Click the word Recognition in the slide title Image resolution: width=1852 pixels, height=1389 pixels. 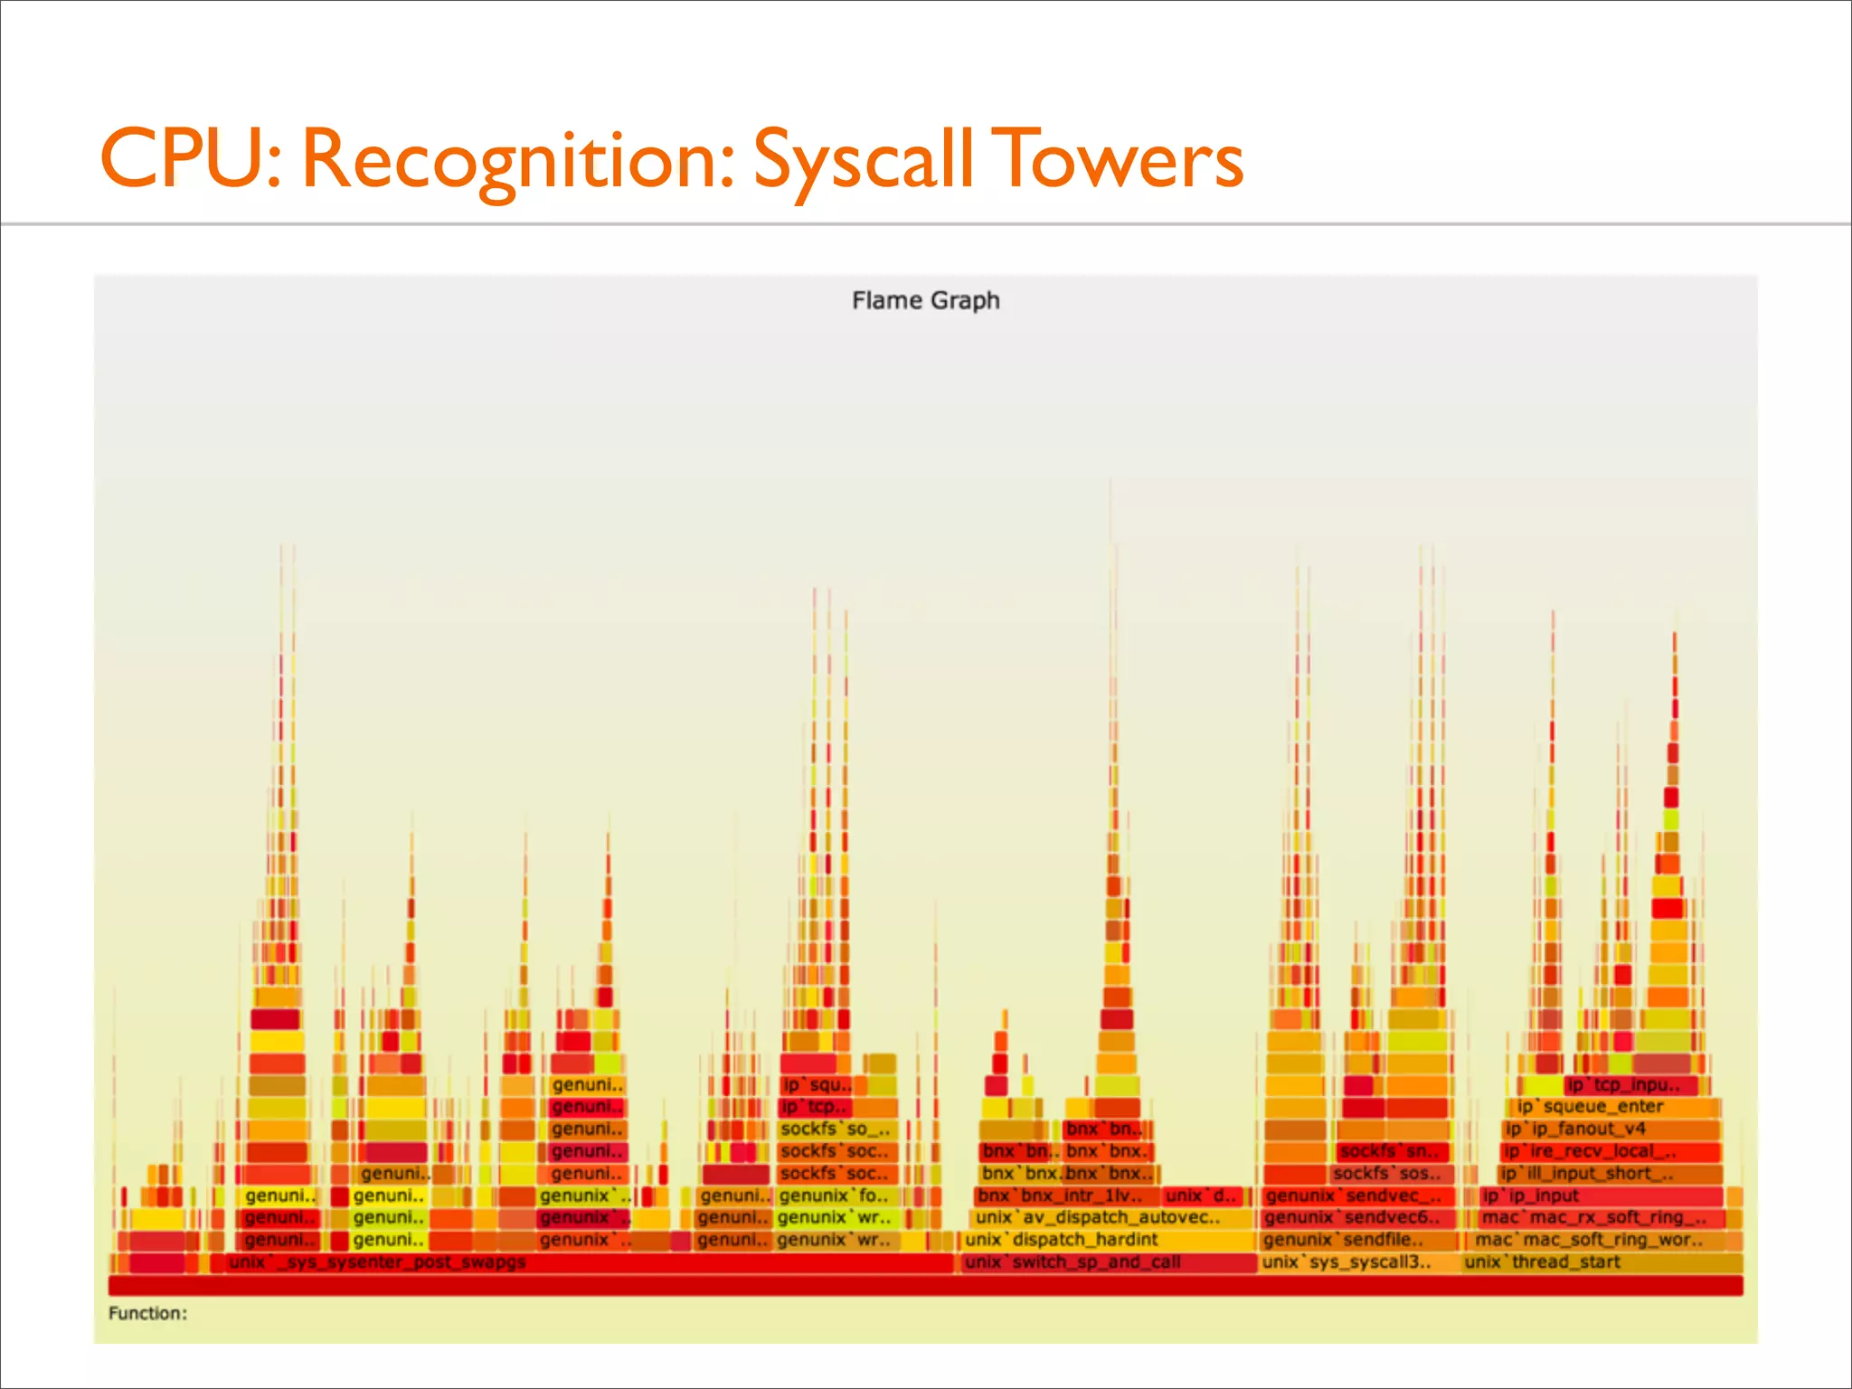pyautogui.click(x=516, y=160)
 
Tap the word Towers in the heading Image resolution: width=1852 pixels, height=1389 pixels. pyautogui.click(x=1118, y=160)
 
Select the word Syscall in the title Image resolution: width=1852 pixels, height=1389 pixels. pyautogui.click(x=863, y=160)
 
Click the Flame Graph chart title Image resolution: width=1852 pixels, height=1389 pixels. pyautogui.click(x=925, y=300)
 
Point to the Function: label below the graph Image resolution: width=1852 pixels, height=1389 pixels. pyautogui.click(x=147, y=1313)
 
